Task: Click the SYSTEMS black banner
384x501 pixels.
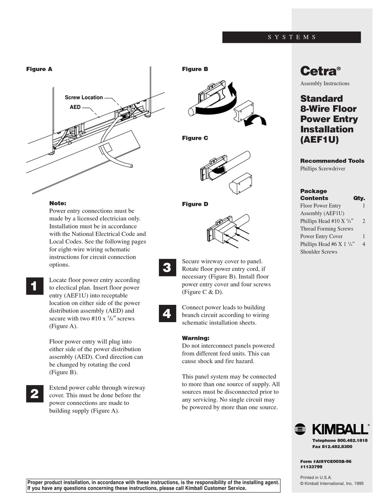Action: (x=291, y=37)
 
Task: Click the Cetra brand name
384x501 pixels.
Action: (x=318, y=71)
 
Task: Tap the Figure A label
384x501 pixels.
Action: (x=39, y=69)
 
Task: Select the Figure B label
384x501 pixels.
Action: (x=195, y=69)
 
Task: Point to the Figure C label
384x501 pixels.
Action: (x=195, y=138)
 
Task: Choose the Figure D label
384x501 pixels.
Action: (x=195, y=204)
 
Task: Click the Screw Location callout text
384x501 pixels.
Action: (x=84, y=97)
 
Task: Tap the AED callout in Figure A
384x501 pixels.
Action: (x=75, y=107)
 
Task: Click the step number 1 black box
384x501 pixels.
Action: (x=34, y=286)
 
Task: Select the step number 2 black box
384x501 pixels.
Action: (x=34, y=394)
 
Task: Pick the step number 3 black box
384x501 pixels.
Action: (x=167, y=267)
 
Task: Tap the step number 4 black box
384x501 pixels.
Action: (x=167, y=314)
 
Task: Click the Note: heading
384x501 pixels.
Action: (x=57, y=203)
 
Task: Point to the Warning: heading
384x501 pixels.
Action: (x=196, y=338)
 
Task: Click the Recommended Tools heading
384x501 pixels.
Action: (x=332, y=161)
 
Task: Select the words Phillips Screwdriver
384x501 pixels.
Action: (x=323, y=169)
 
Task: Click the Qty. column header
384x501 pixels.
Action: (x=359, y=198)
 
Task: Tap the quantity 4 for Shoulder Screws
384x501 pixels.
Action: (x=364, y=244)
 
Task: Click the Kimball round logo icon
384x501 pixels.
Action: (x=300, y=429)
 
